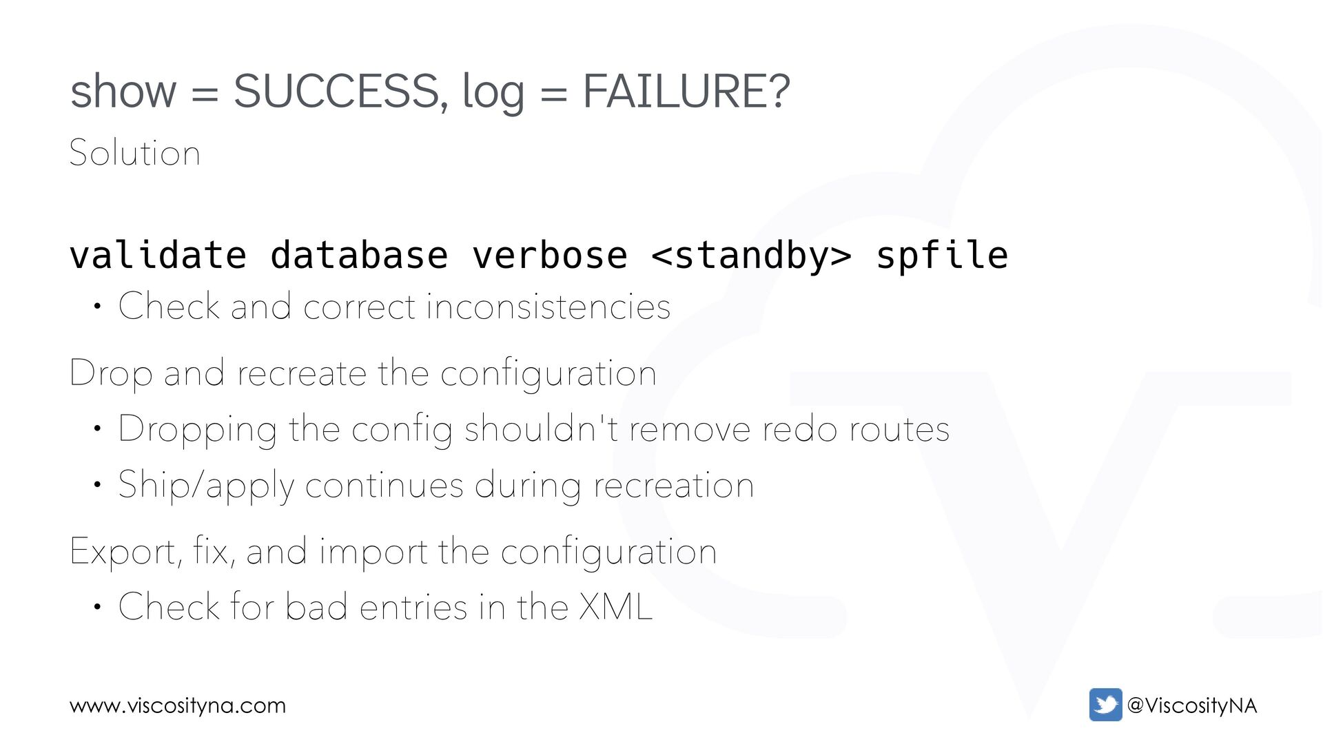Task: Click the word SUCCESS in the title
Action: [336, 92]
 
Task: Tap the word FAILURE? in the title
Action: [686, 92]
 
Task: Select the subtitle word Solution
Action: [135, 153]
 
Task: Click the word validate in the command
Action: [158, 256]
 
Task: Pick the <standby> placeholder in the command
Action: [751, 256]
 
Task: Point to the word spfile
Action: [941, 256]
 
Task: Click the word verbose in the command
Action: [549, 256]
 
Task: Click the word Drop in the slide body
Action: [111, 374]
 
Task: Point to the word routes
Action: [899, 429]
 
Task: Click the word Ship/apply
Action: [206, 486]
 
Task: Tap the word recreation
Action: [673, 486]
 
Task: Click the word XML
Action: [615, 607]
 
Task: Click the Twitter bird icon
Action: [1105, 705]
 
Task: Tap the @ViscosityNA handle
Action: [1192, 705]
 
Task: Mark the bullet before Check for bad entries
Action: [98, 608]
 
